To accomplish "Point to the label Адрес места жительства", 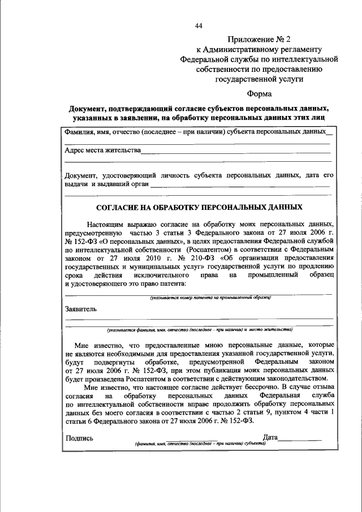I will (x=102, y=151).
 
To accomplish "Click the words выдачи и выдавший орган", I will (x=107, y=184).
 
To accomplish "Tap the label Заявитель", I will (x=81, y=309).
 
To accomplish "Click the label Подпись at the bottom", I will (x=80, y=437).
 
